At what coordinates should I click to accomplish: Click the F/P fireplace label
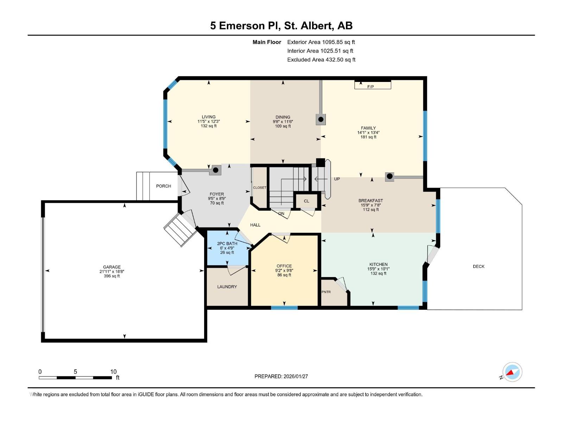pos(370,87)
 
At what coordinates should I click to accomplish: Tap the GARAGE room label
pos(112,267)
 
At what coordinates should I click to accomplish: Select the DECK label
pos(479,266)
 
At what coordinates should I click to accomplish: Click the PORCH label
pos(164,186)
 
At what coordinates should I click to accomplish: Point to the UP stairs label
pos(337,179)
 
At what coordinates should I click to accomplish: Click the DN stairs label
pos(281,213)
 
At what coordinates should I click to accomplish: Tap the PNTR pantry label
pos(326,292)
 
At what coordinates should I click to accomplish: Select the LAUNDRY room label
pos(227,287)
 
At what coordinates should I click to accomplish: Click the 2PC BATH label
pos(227,243)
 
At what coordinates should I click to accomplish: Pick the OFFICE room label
pos(284,266)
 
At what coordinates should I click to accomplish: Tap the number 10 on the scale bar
pos(113,372)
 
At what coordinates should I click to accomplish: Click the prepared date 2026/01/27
pos(296,376)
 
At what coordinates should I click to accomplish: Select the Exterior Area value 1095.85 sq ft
pos(339,42)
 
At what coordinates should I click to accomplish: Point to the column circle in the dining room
pos(321,120)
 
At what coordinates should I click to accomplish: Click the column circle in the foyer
pos(216,170)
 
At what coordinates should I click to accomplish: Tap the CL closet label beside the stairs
pos(306,201)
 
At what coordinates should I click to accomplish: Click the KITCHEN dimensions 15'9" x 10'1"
pos(378,269)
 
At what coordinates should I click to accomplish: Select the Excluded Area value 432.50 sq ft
pos(340,59)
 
